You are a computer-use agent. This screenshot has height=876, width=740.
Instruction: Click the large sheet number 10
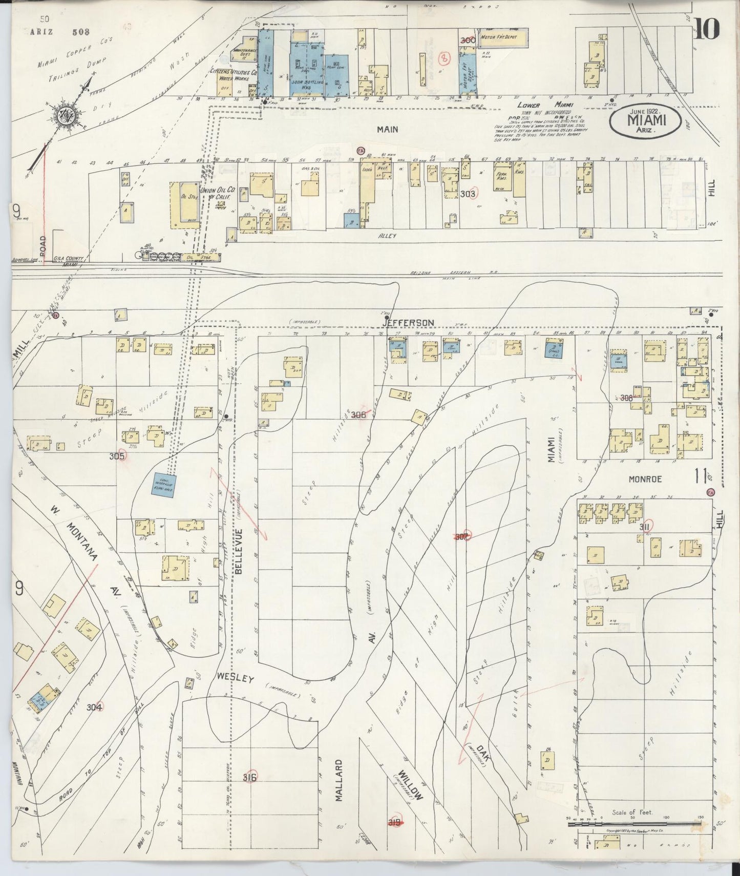(707, 29)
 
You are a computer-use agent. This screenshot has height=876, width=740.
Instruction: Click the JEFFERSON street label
(410, 322)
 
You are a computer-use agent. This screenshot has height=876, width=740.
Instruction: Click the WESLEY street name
(235, 679)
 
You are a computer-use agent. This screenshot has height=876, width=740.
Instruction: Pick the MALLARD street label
(339, 780)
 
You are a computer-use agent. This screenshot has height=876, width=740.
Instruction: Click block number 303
(468, 194)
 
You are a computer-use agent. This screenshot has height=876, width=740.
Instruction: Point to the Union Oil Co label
(216, 193)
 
